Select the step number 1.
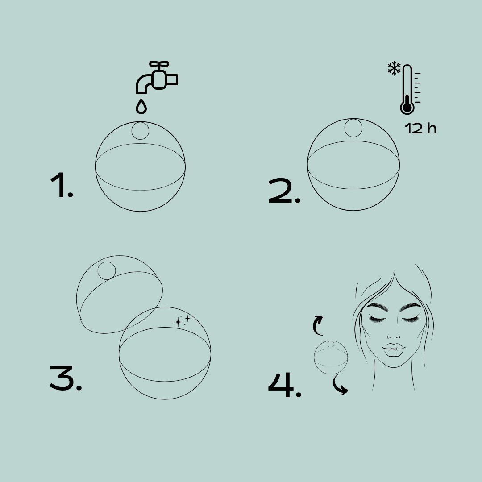tap(61, 185)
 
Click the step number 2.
tap(284, 192)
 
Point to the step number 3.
tap(65, 378)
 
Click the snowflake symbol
tap(394, 68)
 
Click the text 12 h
tap(420, 129)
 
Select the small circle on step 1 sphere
tap(140, 131)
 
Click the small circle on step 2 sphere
tap(353, 128)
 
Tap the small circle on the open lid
tap(107, 270)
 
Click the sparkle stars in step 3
tap(182, 320)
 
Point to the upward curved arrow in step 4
tap(318, 325)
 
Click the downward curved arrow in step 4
tap(340, 386)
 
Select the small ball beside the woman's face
tap(331, 357)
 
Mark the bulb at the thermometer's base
tap(407, 107)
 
